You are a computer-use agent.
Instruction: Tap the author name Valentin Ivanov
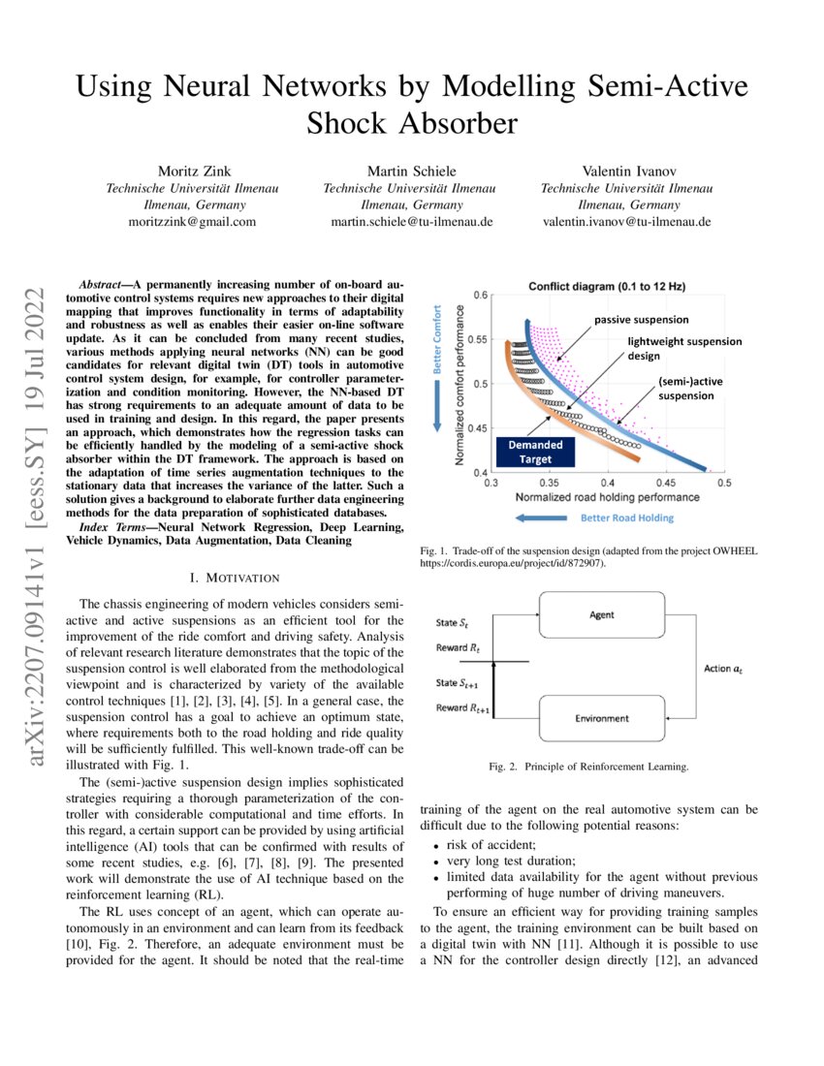coord(626,171)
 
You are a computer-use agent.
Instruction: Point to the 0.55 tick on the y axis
coord(476,340)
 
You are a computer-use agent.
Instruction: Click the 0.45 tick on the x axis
coord(664,482)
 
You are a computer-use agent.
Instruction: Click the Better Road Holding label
coord(627,517)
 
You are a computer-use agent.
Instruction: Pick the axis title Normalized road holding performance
coord(605,496)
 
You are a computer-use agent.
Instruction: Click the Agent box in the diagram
coord(601,615)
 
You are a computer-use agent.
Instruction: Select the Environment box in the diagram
coord(601,718)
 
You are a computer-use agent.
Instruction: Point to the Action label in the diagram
coord(722,668)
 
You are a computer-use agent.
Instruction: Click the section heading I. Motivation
coord(237,579)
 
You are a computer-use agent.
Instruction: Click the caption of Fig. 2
coord(589,768)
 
